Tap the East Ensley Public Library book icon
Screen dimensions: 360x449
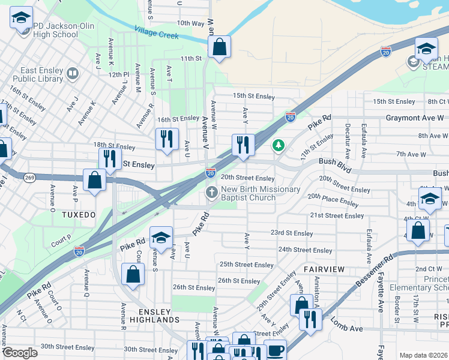[73, 74]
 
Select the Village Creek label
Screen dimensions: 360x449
[157, 32]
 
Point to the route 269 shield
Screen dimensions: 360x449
[29, 177]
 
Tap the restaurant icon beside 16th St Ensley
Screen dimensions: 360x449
[166, 139]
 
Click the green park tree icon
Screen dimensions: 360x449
[278, 145]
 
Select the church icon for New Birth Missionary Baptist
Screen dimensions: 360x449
[211, 193]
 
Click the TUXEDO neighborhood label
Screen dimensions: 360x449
[79, 214]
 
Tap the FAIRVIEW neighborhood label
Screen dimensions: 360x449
[324, 269]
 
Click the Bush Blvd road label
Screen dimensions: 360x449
[335, 161]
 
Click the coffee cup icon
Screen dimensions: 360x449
[276, 350]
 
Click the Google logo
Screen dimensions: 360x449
[20, 353]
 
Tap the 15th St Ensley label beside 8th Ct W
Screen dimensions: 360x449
[394, 102]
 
